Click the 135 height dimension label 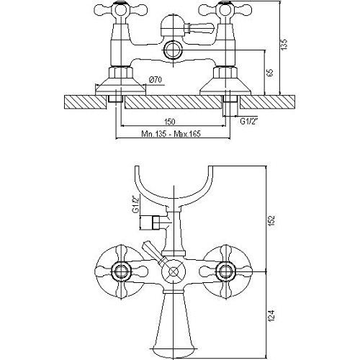click(284, 44)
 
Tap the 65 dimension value click(270, 73)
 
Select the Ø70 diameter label click(156, 79)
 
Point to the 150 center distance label click(170, 122)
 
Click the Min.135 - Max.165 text click(171, 133)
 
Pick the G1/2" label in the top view click(249, 121)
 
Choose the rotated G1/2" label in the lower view click(136, 203)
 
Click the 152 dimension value click(271, 220)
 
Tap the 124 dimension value click(271, 315)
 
